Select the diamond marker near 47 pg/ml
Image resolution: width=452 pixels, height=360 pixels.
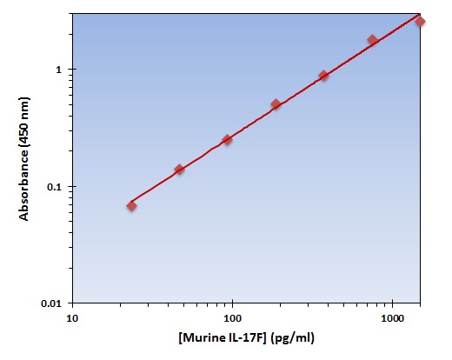[179, 170]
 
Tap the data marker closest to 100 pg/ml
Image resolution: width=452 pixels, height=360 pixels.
[227, 140]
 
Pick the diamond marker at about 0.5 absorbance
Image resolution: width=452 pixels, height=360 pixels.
[276, 104]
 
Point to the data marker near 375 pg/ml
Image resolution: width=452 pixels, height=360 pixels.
[323, 76]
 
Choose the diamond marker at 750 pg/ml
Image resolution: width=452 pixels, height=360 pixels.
[372, 40]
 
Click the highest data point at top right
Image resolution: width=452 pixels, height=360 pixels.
[420, 21]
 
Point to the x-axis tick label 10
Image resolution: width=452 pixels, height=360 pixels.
[72, 319]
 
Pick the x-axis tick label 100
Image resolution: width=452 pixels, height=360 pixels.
[233, 319]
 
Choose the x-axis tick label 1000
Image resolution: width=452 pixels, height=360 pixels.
[393, 319]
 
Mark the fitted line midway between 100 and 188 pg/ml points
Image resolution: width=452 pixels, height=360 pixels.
[251, 123]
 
